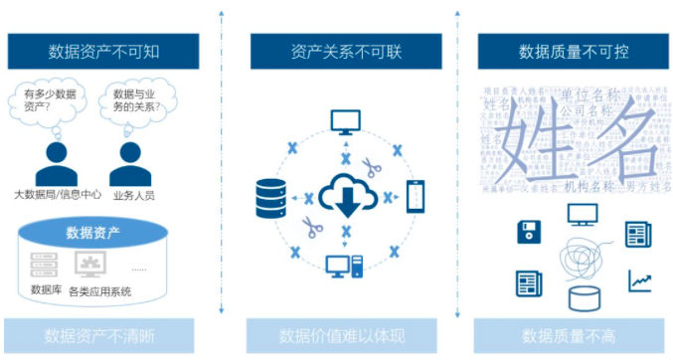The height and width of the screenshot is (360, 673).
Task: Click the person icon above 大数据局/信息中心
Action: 56,161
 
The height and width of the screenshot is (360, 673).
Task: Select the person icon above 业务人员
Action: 129,161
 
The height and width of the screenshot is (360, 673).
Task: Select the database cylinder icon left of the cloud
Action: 270,197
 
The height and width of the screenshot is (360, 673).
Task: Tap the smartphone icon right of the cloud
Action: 416,196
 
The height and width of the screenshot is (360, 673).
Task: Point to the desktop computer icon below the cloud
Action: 345,266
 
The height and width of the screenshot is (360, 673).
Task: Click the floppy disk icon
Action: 528,233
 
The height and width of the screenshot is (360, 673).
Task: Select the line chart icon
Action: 638,281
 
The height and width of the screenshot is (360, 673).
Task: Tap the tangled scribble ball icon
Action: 583,261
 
